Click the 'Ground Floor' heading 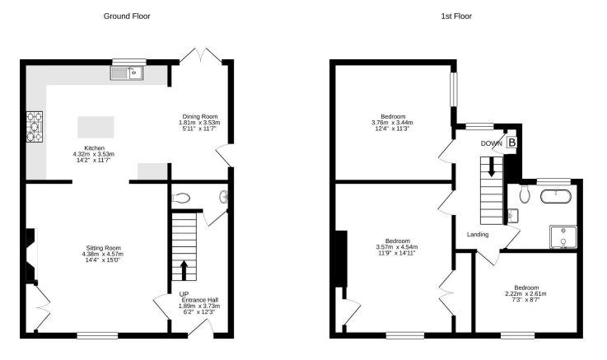point(127,16)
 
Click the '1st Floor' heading point(456,16)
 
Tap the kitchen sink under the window point(127,72)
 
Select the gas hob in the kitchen point(35,127)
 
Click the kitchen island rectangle point(96,128)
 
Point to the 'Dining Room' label point(200,116)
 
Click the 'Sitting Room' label point(103,248)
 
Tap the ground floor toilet point(180,199)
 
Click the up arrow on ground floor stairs point(184,270)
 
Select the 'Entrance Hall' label point(200,300)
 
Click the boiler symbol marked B point(511,143)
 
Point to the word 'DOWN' point(491,143)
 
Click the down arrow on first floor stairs point(491,167)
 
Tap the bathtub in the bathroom point(556,196)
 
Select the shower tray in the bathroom point(563,237)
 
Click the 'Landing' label point(478,235)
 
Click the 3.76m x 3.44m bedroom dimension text point(392,123)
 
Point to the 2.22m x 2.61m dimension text point(525,294)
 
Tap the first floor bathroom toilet point(525,194)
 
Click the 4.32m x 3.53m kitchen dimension point(94,154)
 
